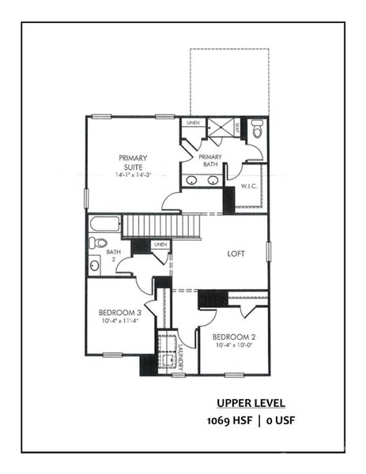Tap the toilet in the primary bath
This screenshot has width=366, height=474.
point(257,127)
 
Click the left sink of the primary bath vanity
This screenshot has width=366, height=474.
point(194,181)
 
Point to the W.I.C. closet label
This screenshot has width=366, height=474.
point(251,187)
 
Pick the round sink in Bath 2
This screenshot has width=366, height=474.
point(95,265)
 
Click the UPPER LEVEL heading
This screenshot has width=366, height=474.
point(251,401)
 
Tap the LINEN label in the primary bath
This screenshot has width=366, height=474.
point(192,123)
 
